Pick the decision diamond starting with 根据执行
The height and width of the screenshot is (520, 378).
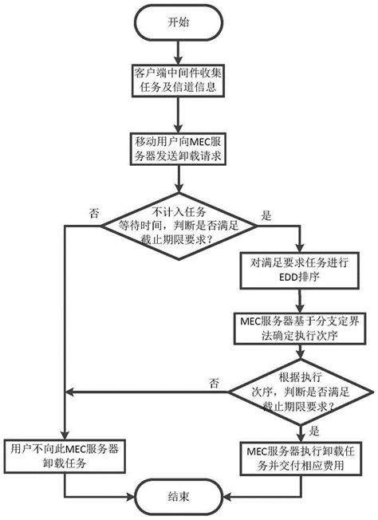pos(298,391)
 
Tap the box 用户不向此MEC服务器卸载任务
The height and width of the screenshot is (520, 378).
pos(62,455)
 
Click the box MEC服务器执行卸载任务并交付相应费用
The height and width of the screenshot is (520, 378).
pos(298,455)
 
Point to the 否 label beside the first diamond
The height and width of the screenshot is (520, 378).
pos(95,213)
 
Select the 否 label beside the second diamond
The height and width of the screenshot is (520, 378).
pos(215,382)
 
